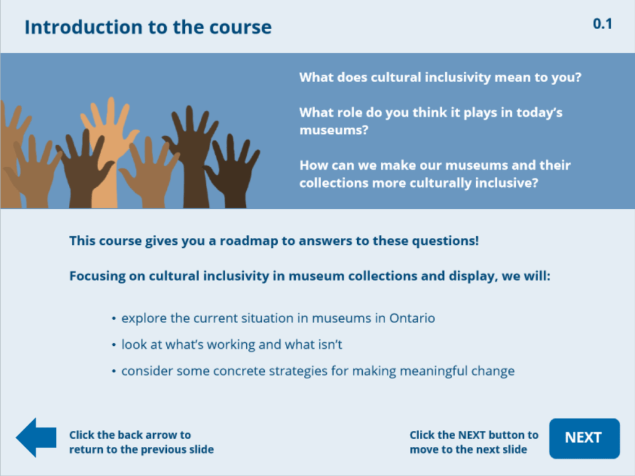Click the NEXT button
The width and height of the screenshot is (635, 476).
coord(584,438)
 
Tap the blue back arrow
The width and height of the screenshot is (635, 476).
coord(35,438)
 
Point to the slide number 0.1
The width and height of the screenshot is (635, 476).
coord(602,24)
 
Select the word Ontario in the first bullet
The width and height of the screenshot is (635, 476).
coord(412,319)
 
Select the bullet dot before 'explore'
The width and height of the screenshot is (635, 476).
coord(114,319)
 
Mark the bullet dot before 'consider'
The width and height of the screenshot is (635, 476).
coord(114,372)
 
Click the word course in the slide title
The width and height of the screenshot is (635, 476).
coord(240,27)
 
